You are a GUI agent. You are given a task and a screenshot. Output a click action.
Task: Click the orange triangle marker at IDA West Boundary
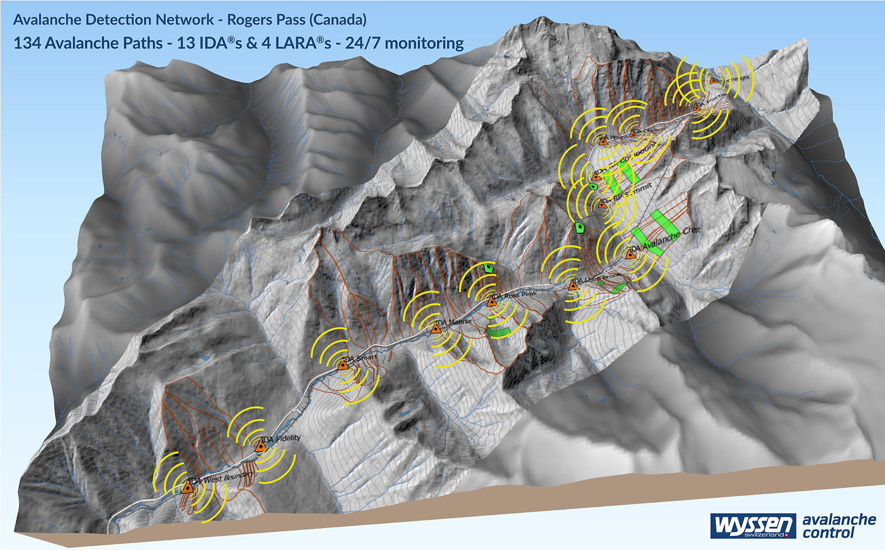(187, 487)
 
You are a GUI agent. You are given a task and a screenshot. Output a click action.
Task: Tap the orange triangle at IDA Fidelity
(261, 446)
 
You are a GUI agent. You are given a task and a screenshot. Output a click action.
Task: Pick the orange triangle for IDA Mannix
(436, 328)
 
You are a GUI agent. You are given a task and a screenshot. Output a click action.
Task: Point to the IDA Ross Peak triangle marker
(492, 302)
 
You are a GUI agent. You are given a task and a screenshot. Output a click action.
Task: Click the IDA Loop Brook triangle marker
(573, 285)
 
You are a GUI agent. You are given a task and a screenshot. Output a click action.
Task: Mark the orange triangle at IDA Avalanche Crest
(631, 253)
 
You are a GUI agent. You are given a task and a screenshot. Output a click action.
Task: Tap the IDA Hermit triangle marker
(603, 141)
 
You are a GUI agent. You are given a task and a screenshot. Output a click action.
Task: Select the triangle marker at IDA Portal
(697, 107)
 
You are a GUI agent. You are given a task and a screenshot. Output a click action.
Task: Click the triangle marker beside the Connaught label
(713, 80)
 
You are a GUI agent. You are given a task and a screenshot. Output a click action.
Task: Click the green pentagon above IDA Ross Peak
(489, 267)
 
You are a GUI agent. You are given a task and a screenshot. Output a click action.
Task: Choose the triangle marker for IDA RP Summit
(602, 203)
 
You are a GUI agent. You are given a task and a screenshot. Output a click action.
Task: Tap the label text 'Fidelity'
(288, 438)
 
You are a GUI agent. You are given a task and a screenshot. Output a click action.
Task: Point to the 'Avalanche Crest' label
(671, 237)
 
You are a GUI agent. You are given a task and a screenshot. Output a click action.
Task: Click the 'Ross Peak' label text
(521, 295)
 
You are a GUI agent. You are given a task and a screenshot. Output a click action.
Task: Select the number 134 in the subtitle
(27, 43)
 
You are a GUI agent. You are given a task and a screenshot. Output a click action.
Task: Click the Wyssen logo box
(753, 526)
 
